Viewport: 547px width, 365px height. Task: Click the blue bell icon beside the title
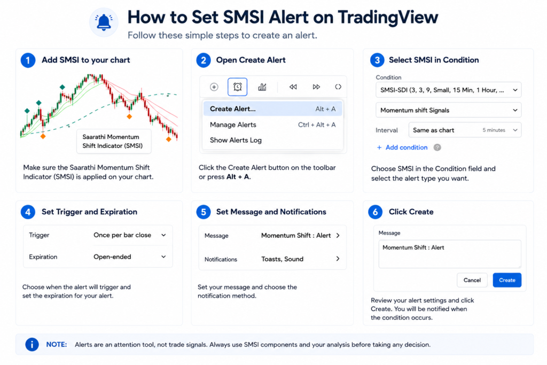104,22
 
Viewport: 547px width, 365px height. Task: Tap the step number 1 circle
28,60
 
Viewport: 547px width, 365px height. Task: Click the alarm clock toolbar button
238,87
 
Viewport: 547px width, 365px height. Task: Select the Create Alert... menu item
272,109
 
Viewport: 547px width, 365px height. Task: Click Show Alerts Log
236,140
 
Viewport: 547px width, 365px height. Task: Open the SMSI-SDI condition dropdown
448,90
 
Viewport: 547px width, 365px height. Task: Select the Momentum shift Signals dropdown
448,110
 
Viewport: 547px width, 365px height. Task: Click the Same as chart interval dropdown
465,130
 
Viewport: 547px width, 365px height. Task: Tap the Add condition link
402,147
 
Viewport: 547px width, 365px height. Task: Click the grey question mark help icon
437,147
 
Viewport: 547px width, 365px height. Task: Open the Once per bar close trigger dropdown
129,235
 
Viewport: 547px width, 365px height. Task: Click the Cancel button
472,280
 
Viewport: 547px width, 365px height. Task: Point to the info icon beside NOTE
32,345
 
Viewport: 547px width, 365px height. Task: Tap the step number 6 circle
376,212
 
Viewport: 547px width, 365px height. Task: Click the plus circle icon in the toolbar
214,87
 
